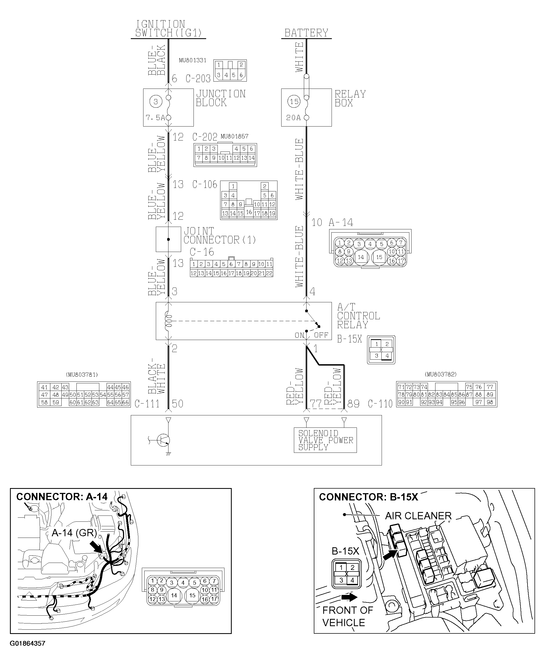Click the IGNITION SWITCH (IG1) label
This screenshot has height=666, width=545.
(x=168, y=29)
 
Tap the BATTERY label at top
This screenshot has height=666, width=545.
(x=306, y=33)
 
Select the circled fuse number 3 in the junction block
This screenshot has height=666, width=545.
(x=156, y=101)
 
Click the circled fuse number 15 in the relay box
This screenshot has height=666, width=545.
(x=294, y=101)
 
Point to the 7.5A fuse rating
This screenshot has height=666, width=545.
(x=155, y=118)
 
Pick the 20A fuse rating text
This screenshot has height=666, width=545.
(x=293, y=118)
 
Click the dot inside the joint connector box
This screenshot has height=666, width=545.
(x=168, y=239)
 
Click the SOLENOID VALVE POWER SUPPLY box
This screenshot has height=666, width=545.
(x=325, y=440)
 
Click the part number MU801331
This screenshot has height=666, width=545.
(x=192, y=60)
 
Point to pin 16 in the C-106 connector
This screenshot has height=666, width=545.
(x=249, y=212)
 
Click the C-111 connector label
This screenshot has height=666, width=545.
(x=147, y=404)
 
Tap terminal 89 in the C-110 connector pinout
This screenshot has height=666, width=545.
(x=490, y=395)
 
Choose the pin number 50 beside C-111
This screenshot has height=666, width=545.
(x=177, y=404)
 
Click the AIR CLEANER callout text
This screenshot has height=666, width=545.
(x=418, y=516)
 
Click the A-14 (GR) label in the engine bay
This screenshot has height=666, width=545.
(x=74, y=533)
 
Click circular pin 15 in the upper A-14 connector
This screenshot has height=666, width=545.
(x=379, y=257)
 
